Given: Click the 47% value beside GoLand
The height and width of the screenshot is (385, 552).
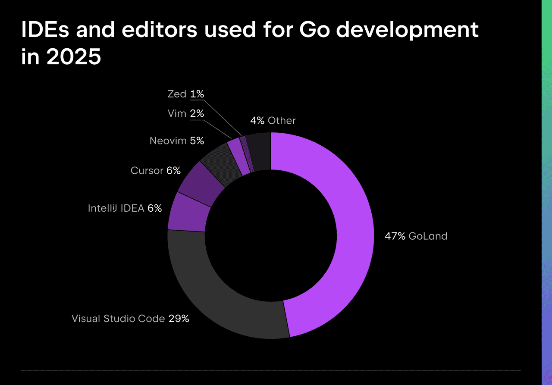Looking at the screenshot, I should [395, 236].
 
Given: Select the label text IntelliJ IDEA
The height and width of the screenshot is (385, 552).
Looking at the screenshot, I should [116, 208].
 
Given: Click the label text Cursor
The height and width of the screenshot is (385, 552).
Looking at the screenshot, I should [147, 171].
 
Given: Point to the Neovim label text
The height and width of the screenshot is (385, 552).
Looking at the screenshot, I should [168, 141].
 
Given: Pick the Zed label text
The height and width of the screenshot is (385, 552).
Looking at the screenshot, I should [177, 94].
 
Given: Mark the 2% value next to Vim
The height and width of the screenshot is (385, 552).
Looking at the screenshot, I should [197, 113].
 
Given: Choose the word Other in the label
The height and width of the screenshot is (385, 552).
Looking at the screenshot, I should [282, 121].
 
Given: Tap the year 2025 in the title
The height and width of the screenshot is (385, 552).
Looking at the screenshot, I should [73, 57].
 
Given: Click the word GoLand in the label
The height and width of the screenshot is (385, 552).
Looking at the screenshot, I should [428, 236].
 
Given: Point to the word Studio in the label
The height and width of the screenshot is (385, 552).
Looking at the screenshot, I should [120, 319].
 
